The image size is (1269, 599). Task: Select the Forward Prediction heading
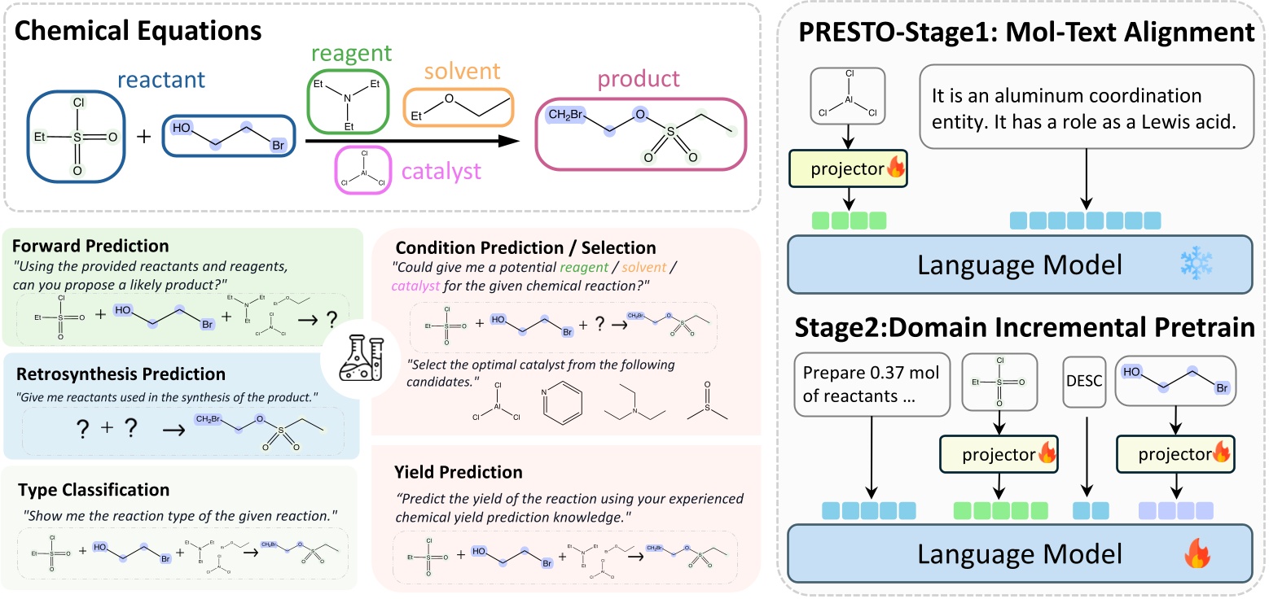click(x=91, y=246)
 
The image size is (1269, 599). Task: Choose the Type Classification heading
click(x=91, y=490)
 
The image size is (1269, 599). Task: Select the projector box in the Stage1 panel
click(x=848, y=171)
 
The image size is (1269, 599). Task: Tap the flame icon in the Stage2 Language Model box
click(x=1196, y=557)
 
